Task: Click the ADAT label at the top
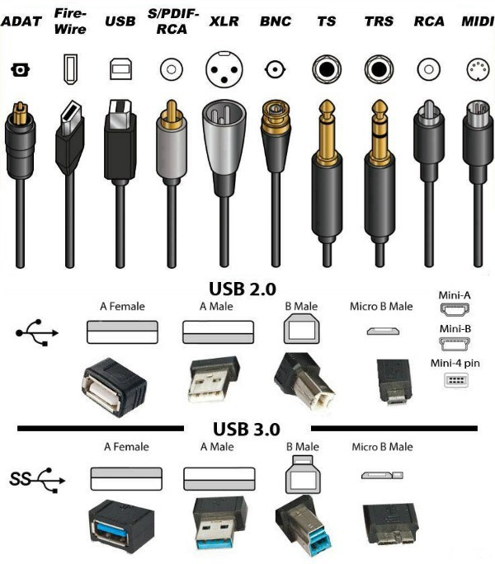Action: tap(21, 21)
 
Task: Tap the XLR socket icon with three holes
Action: tap(224, 69)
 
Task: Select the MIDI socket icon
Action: tap(478, 68)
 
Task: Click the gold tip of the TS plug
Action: tap(327, 108)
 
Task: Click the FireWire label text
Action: tap(70, 21)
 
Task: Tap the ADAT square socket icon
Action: tap(20, 69)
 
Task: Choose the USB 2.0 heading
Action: tap(243, 289)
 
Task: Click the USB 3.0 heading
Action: tap(246, 429)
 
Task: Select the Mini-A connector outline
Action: tap(455, 309)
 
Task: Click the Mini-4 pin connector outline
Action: tap(455, 380)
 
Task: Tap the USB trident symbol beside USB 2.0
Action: tap(37, 333)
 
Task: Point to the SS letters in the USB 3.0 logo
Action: tap(20, 479)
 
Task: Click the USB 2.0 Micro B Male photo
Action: tap(394, 382)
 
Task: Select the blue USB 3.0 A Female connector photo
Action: tap(121, 526)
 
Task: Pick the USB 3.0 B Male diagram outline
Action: tap(303, 474)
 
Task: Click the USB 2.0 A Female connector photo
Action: tap(114, 387)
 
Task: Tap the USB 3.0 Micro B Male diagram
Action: tap(382, 475)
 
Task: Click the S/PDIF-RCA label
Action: tap(172, 21)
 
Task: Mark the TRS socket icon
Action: tap(379, 68)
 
